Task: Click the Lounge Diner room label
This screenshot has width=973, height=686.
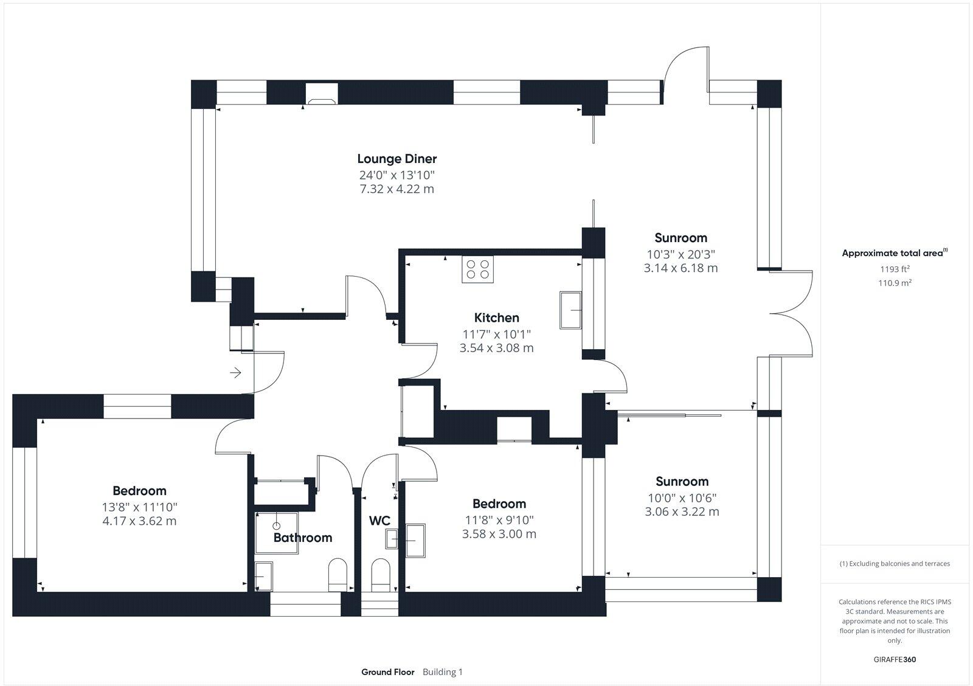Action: tap(396, 159)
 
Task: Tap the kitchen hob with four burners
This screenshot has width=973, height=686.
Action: tap(477, 269)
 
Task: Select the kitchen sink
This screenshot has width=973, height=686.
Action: tap(570, 310)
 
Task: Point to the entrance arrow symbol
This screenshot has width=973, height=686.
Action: tap(235, 372)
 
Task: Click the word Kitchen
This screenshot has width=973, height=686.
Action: tap(496, 317)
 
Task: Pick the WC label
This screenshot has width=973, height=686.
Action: tap(379, 521)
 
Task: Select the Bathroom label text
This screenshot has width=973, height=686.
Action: tap(303, 538)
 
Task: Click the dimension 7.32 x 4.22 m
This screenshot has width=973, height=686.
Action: tap(396, 189)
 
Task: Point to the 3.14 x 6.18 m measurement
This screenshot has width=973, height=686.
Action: tap(680, 268)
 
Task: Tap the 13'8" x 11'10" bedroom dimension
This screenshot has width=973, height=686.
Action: tap(139, 507)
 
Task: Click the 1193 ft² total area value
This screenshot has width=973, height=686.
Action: tap(895, 269)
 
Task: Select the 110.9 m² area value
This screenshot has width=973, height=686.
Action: tap(895, 283)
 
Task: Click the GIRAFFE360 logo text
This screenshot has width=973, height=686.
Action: tap(895, 659)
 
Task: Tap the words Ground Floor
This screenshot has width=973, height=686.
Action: tap(388, 671)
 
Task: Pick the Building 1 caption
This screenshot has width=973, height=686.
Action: tap(443, 671)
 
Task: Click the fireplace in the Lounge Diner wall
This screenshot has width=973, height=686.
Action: tap(322, 94)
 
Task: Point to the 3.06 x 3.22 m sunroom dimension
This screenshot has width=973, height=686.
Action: tap(682, 512)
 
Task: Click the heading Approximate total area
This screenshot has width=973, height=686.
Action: tap(893, 253)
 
